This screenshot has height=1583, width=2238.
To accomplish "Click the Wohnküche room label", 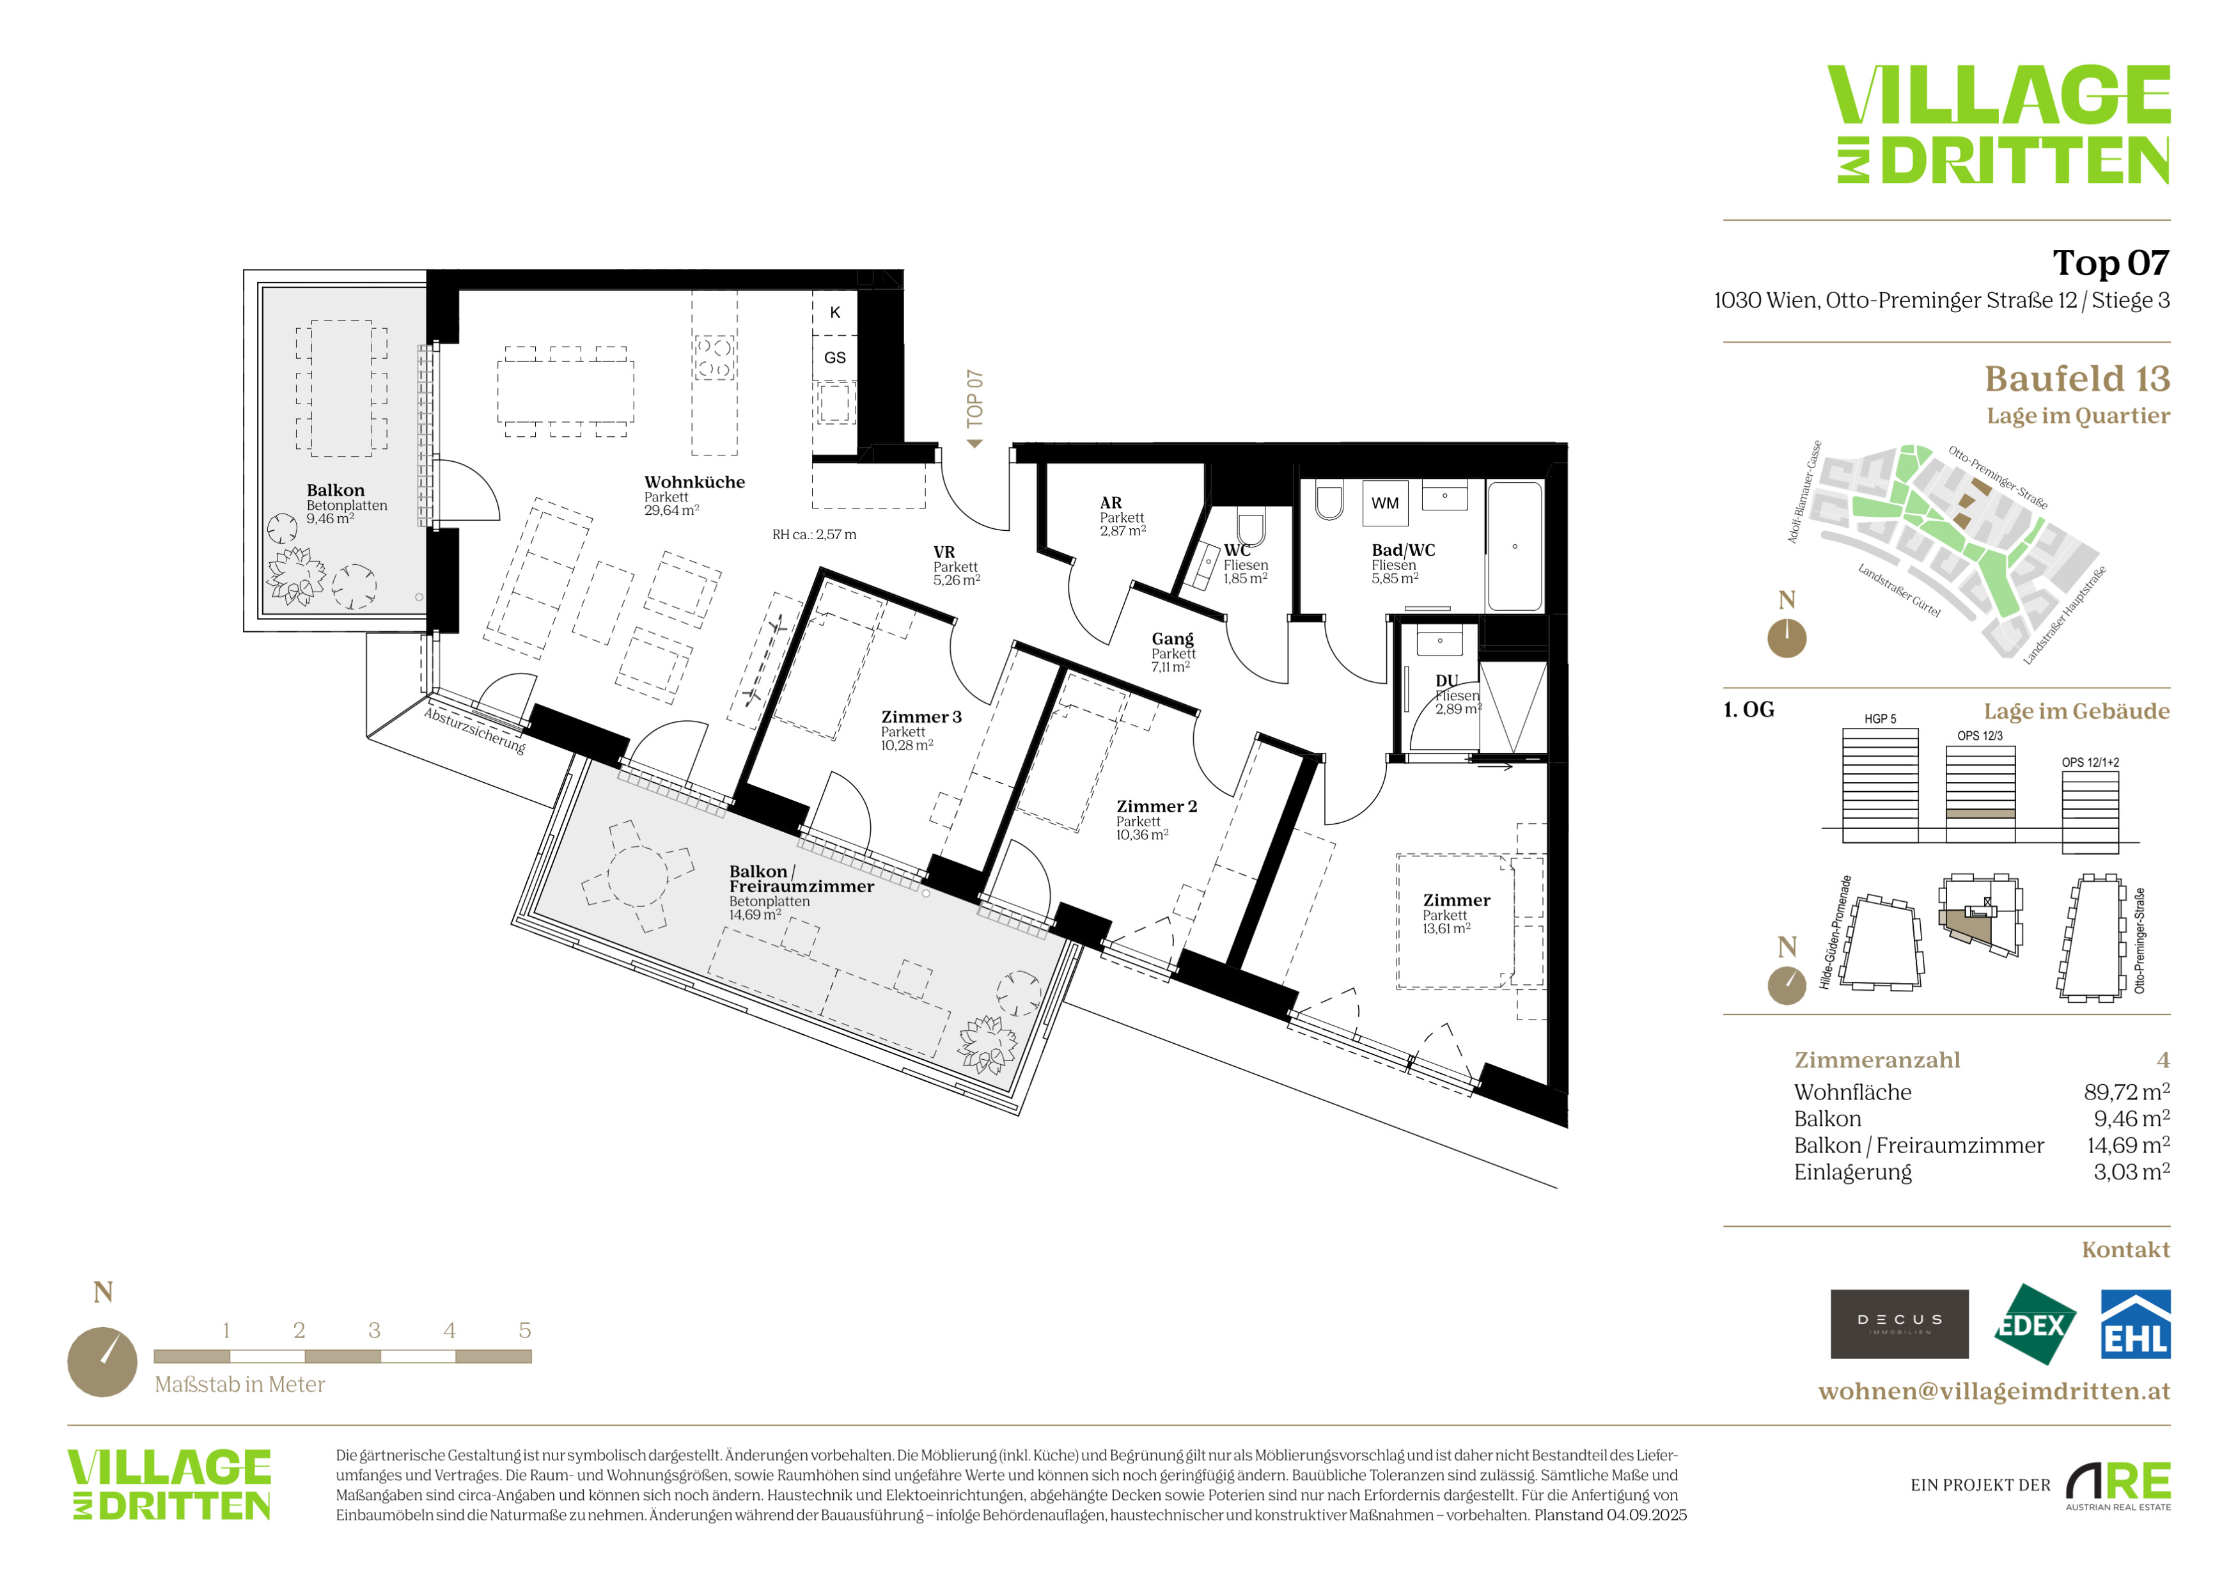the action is pyautogui.click(x=694, y=482).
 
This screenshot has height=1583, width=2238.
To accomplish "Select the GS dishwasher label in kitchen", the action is pyautogui.click(x=834, y=358).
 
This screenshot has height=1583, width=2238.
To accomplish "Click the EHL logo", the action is pyautogui.click(x=2134, y=1325).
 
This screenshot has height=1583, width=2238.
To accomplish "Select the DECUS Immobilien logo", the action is pyautogui.click(x=1899, y=1325).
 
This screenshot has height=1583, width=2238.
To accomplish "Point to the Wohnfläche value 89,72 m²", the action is pyautogui.click(x=2126, y=1092).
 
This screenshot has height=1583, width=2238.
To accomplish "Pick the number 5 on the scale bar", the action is pyautogui.click(x=524, y=1330).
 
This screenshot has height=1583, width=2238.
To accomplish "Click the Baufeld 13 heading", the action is pyautogui.click(x=2077, y=378).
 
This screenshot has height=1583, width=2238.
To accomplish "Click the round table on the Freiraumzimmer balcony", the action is pyautogui.click(x=638, y=876).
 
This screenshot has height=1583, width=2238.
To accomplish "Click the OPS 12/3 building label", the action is pyautogui.click(x=1980, y=736).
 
